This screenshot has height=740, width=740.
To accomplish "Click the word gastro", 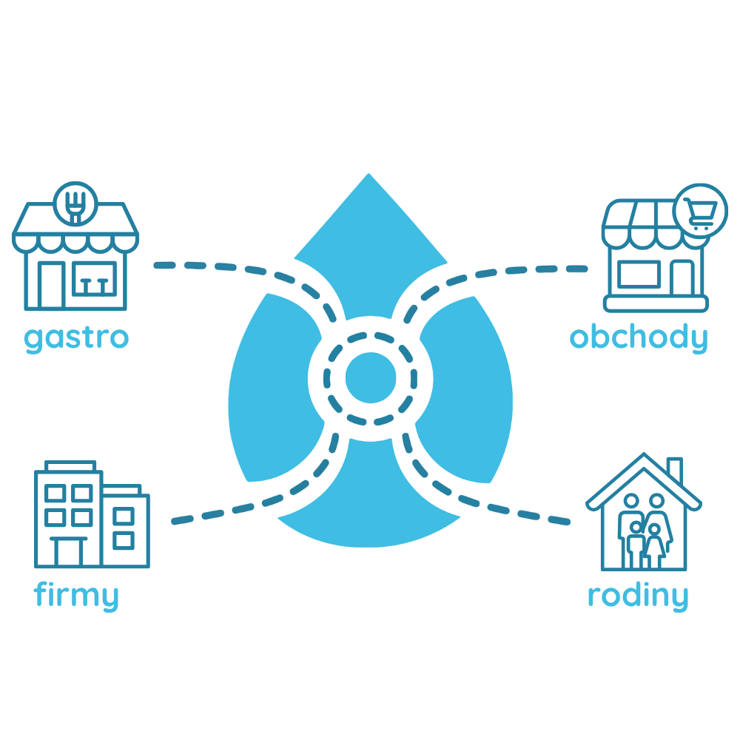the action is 76,339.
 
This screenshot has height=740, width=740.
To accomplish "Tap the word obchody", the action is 639,338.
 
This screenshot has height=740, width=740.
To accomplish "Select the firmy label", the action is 75,596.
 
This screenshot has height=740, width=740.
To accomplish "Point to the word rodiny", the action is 638,596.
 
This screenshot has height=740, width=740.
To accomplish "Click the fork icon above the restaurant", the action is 75,206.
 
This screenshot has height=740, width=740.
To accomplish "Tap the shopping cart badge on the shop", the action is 700,211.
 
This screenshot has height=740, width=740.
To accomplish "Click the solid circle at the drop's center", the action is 371,377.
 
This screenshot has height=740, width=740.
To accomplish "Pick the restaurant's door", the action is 51,286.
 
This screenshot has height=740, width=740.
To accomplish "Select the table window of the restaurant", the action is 95,278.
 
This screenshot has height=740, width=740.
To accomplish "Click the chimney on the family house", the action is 675,470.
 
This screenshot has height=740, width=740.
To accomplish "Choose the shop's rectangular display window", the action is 639,274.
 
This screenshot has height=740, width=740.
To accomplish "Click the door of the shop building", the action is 682,278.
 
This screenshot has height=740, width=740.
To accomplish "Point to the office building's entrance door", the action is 69,551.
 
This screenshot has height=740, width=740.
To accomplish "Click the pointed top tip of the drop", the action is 369,174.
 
